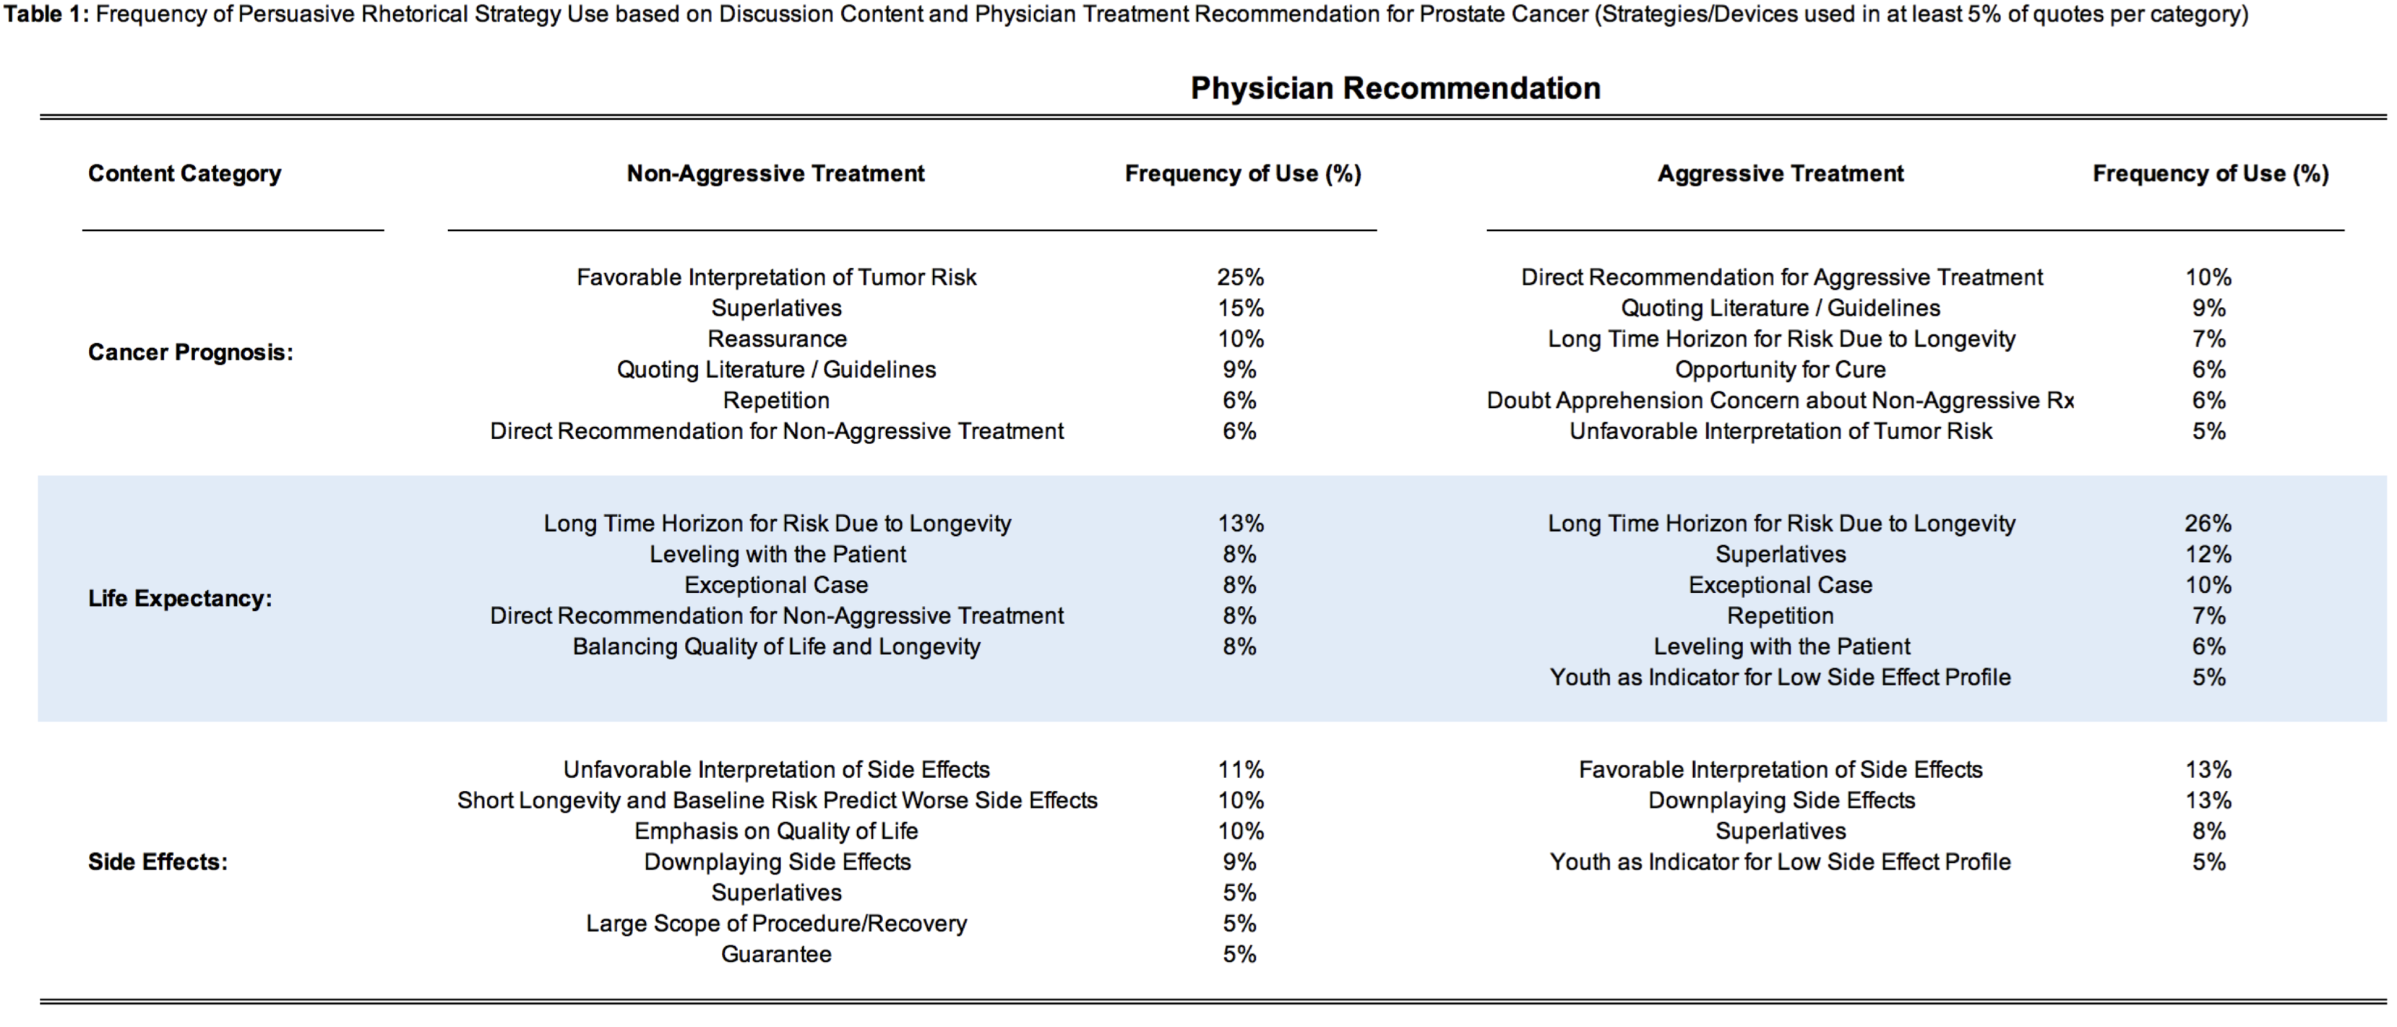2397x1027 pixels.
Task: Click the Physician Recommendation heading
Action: pyautogui.click(x=1395, y=88)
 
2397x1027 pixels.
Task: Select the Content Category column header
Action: pyautogui.click(x=184, y=174)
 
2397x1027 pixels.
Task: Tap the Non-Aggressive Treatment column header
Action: pyautogui.click(x=775, y=174)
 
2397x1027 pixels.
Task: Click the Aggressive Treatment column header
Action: pyautogui.click(x=1780, y=174)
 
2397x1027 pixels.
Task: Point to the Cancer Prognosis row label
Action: pyautogui.click(x=191, y=352)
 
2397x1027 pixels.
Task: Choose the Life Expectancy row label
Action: pyautogui.click(x=181, y=598)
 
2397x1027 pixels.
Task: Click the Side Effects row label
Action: pyautogui.click(x=158, y=862)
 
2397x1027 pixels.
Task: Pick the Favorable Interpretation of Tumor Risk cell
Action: pyautogui.click(x=776, y=277)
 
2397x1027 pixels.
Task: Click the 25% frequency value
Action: pyautogui.click(x=1240, y=277)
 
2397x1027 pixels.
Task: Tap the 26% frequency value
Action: pyautogui.click(x=2208, y=524)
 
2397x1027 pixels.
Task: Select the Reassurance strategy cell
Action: pyautogui.click(x=777, y=339)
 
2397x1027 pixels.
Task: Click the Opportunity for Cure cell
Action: pyautogui.click(x=1780, y=369)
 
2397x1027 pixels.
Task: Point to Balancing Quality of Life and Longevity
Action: pyautogui.click(x=776, y=646)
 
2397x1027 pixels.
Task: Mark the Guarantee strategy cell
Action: pyautogui.click(x=776, y=955)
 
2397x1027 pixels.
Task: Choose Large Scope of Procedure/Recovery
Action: pyautogui.click(x=776, y=924)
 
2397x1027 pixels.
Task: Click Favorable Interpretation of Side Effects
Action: pyautogui.click(x=1780, y=770)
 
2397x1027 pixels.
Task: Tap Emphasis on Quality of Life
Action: pyautogui.click(x=776, y=832)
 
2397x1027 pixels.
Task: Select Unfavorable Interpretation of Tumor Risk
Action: pyautogui.click(x=1780, y=432)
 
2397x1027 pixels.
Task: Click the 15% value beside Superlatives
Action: pyautogui.click(x=1240, y=308)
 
